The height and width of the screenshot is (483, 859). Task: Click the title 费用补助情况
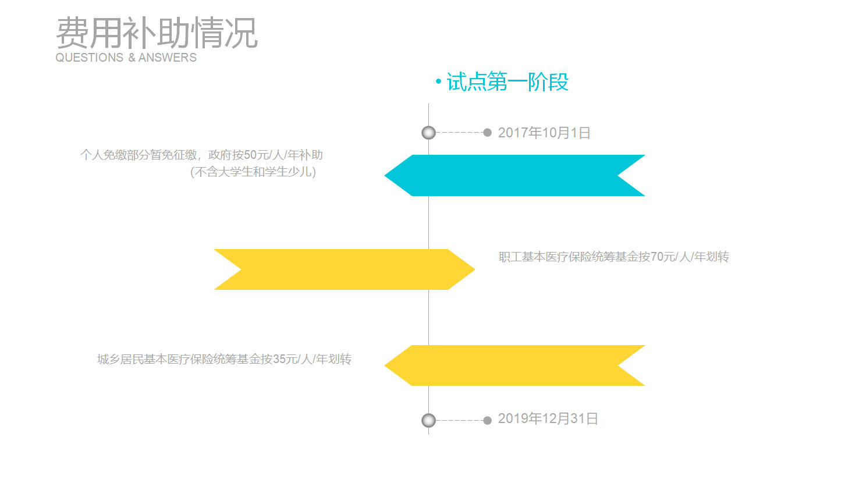click(x=157, y=33)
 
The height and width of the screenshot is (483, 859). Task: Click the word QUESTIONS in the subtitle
click(x=90, y=58)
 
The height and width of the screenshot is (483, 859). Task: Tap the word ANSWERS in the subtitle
click(x=168, y=58)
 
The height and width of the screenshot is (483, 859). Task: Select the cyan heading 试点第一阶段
click(x=507, y=81)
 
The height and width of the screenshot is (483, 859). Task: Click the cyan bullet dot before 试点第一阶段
click(x=438, y=81)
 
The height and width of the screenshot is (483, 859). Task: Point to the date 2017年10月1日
click(x=544, y=133)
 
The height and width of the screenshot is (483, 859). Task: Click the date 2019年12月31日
click(x=548, y=418)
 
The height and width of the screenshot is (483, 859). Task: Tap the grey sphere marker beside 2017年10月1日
click(x=429, y=133)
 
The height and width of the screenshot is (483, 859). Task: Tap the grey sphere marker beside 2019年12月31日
click(x=429, y=421)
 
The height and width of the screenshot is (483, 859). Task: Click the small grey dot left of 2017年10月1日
click(x=487, y=133)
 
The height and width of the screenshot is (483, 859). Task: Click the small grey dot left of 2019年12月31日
click(x=487, y=421)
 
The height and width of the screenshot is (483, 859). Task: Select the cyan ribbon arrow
click(x=514, y=175)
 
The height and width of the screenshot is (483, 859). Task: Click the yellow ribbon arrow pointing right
click(x=345, y=269)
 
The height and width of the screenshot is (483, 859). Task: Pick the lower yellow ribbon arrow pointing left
click(x=514, y=365)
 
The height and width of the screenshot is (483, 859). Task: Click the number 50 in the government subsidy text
click(x=250, y=155)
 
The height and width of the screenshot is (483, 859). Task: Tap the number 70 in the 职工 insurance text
click(x=657, y=257)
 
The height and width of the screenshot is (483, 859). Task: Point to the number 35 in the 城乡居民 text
click(x=279, y=359)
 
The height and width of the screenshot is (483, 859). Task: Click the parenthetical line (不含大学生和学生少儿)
click(x=253, y=172)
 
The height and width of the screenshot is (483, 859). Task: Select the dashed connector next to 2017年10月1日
click(x=459, y=133)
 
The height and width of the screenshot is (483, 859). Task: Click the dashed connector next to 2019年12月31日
click(x=459, y=421)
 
